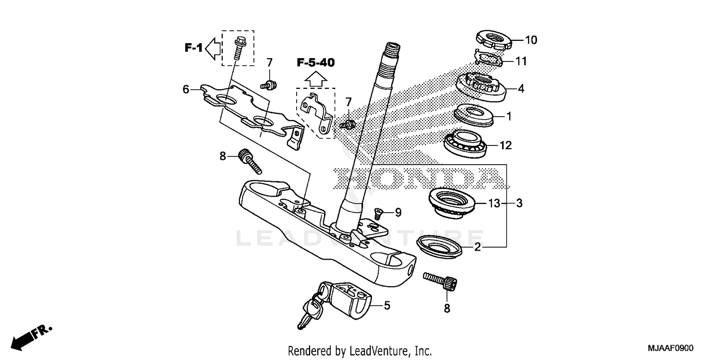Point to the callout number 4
pyautogui.click(x=521, y=88)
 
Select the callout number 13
pyautogui.click(x=494, y=204)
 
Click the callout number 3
pyautogui.click(x=519, y=204)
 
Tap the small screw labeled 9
pyautogui.click(x=379, y=214)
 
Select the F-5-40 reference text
pyautogui.click(x=315, y=62)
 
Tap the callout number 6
pyautogui.click(x=185, y=89)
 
